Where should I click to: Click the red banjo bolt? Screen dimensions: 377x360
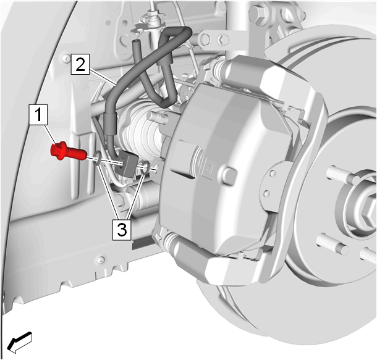(68, 151)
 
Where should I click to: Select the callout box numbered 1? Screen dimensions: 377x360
(38, 115)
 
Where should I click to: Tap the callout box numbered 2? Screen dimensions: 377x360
(80, 64)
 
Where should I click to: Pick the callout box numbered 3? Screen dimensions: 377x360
(122, 230)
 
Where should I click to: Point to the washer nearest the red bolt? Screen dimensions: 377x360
(97, 159)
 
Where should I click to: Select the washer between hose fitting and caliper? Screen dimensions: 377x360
(145, 168)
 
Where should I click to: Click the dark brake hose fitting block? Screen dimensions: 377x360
(126, 164)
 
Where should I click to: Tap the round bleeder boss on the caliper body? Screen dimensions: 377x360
(229, 176)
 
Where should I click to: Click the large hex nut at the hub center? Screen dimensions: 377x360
(370, 211)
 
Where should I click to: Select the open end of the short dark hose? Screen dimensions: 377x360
(135, 43)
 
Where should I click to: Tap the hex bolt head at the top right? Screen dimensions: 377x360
(258, 12)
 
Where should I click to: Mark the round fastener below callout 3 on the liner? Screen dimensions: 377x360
(101, 259)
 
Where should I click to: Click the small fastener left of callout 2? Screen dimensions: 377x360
(65, 57)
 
